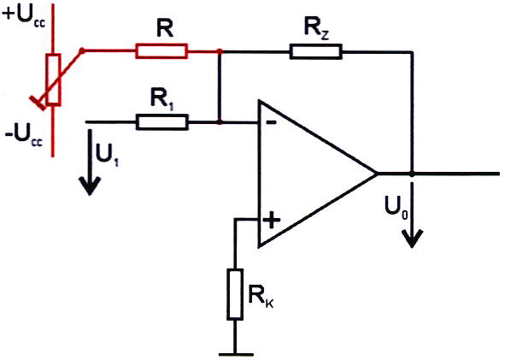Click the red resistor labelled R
point(161,51)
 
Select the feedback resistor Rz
point(315,51)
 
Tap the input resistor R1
point(162,122)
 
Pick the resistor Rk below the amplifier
point(235,294)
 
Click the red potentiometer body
point(54,80)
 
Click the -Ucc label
point(24,136)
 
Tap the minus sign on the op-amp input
point(271,122)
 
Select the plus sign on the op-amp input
point(272,220)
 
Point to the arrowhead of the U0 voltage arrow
point(412,239)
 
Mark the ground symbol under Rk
point(235,355)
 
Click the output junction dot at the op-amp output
point(412,174)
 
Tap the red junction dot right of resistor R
point(220,51)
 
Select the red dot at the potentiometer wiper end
point(82,51)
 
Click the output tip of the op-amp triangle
point(378,174)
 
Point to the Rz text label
point(317,28)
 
